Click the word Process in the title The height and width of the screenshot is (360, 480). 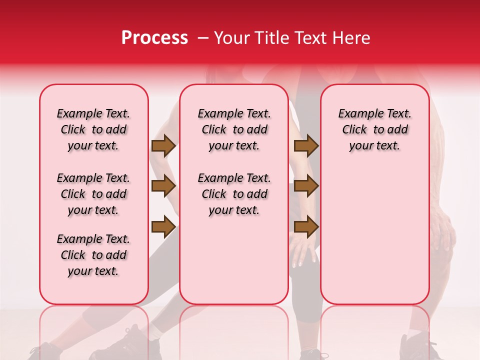pyautogui.click(x=154, y=38)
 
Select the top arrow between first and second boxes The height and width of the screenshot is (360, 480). pyautogui.click(x=163, y=145)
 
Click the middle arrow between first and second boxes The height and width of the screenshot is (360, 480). pyautogui.click(x=163, y=186)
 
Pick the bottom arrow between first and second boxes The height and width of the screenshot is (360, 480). pyautogui.click(x=163, y=226)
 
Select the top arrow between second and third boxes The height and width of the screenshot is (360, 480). pyautogui.click(x=306, y=145)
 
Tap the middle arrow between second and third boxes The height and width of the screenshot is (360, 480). pyautogui.click(x=306, y=186)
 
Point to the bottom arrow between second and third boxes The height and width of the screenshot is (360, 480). pyautogui.click(x=306, y=226)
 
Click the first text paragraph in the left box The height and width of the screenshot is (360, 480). pyautogui.click(x=93, y=129)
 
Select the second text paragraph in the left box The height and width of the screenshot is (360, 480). pyautogui.click(x=93, y=194)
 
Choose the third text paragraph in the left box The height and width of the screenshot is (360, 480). pyautogui.click(x=93, y=255)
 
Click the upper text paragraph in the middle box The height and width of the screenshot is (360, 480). pyautogui.click(x=234, y=129)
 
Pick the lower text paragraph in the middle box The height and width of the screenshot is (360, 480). pyautogui.click(x=234, y=194)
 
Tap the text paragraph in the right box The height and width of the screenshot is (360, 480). pyautogui.click(x=375, y=129)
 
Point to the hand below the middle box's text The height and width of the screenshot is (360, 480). pyautogui.click(x=303, y=250)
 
